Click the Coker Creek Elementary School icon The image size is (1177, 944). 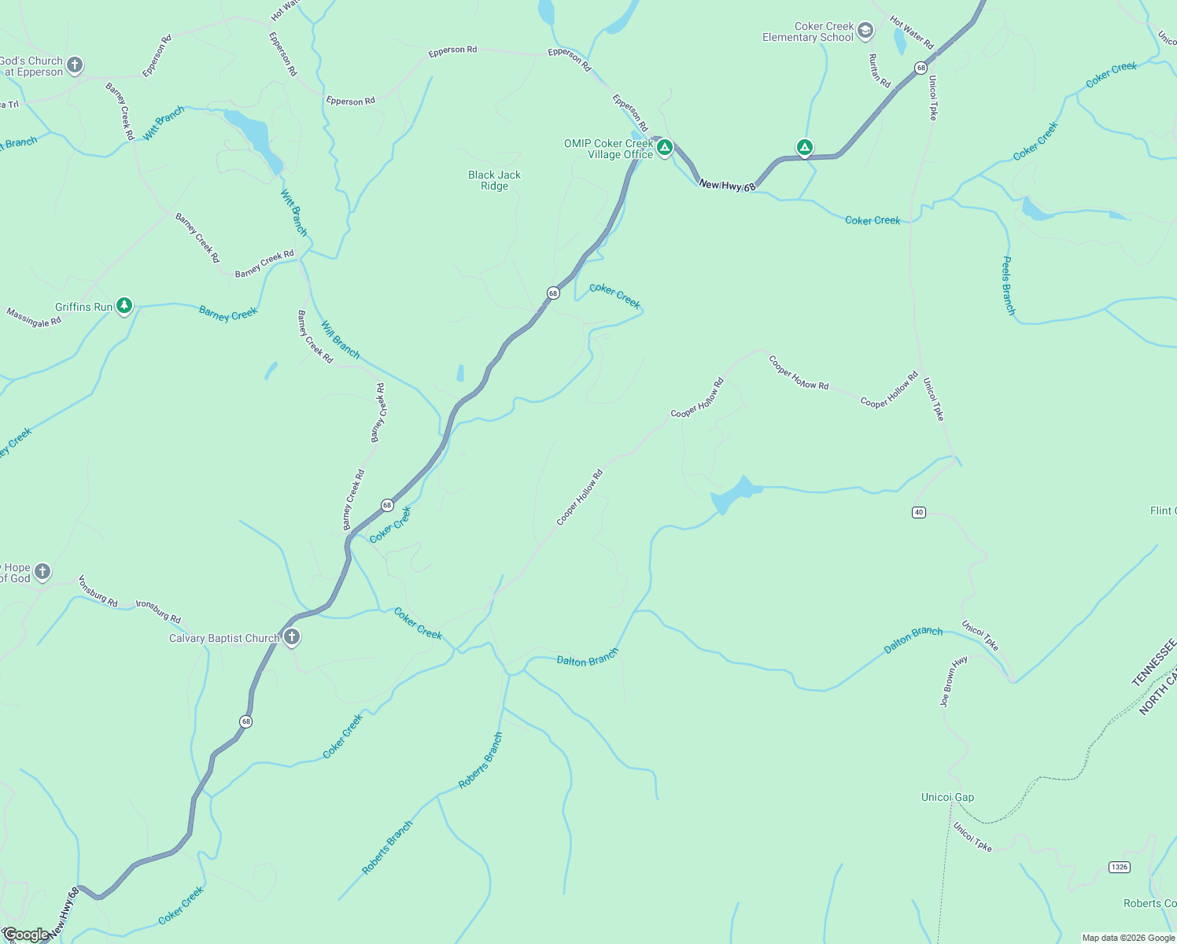[865, 31]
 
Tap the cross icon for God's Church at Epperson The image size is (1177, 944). [75, 65]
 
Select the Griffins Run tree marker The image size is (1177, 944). [124, 306]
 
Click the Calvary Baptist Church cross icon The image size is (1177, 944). [292, 637]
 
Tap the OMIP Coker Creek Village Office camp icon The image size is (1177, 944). [665, 148]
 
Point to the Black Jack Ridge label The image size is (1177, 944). [494, 181]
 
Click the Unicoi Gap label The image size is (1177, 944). [947, 797]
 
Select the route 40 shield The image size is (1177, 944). [919, 512]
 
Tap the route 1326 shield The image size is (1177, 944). [1119, 867]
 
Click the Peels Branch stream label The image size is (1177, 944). [1008, 286]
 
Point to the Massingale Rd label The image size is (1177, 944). [34, 318]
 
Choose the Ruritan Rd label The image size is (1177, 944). [879, 71]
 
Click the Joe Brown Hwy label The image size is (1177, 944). [954, 682]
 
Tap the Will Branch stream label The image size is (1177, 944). [340, 339]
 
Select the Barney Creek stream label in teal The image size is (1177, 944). [228, 313]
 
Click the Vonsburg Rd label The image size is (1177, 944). [98, 592]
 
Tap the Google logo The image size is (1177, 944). [25, 935]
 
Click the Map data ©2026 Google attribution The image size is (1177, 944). [1127, 938]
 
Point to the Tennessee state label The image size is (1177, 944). [1154, 662]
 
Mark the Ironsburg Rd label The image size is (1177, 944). [158, 612]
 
